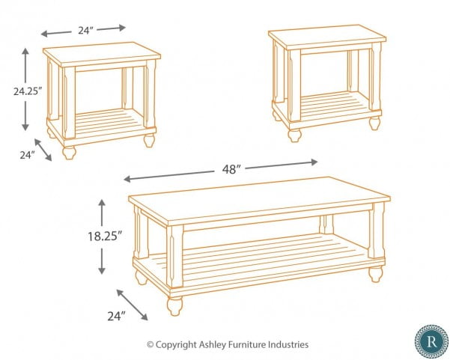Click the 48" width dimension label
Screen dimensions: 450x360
tap(231, 169)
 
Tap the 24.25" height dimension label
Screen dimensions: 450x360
tap(28, 91)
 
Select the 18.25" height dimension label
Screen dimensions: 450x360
tap(105, 236)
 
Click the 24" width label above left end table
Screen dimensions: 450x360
tap(86, 30)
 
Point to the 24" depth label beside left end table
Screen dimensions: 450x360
tap(27, 155)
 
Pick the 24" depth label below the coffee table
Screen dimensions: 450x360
tap(116, 316)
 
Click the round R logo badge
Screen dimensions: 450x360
tap(431, 341)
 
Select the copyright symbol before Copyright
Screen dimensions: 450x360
tap(150, 344)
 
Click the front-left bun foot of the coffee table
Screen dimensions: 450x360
tap(174, 306)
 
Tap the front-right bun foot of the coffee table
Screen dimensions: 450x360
tap(376, 274)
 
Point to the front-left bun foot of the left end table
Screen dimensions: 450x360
tap(69, 152)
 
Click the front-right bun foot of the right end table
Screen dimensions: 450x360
tap(375, 123)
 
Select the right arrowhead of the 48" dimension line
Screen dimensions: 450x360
tap(314, 162)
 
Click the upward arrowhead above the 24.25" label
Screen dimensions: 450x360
tap(25, 52)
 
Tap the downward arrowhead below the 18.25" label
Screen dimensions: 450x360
tap(102, 270)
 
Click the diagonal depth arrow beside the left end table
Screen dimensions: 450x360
tap(43, 150)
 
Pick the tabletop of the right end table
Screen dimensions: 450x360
tap(327, 37)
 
